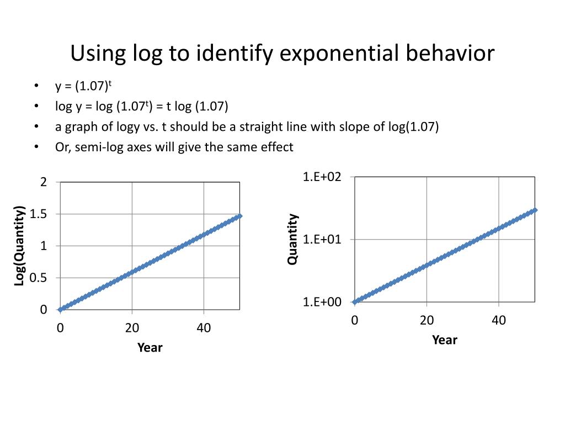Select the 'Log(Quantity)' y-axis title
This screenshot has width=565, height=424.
click(20, 246)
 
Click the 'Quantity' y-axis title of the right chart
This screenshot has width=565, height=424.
click(292, 239)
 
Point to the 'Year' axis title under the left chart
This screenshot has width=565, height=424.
click(150, 347)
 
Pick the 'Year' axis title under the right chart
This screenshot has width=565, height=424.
click(445, 340)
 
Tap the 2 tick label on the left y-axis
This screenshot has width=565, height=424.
click(44, 182)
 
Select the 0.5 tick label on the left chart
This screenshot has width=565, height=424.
click(39, 278)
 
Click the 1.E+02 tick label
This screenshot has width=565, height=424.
click(322, 177)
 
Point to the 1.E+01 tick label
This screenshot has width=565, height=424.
click(322, 239)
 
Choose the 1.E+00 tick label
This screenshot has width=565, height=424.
click(322, 302)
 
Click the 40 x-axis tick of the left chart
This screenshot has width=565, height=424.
click(204, 327)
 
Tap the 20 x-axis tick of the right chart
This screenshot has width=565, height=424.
click(427, 320)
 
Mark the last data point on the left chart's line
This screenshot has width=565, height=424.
click(240, 216)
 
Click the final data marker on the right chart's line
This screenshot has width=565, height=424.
click(535, 210)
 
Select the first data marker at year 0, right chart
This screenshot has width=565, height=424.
click(354, 301)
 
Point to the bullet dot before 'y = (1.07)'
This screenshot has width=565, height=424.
click(36, 86)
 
